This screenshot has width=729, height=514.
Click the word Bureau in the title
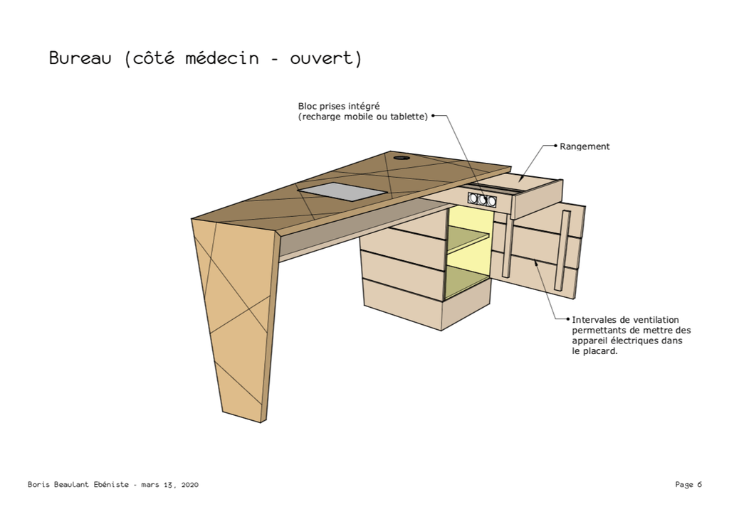click(x=80, y=58)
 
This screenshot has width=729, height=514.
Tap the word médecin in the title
click(x=222, y=58)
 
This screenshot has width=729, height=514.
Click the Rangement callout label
click(x=584, y=146)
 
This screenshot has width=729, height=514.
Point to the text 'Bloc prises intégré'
click(x=339, y=107)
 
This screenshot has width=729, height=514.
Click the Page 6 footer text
click(x=688, y=485)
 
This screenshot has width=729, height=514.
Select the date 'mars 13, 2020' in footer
click(x=169, y=485)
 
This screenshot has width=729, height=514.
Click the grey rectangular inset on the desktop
click(x=342, y=191)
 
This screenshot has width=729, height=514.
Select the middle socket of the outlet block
click(x=483, y=200)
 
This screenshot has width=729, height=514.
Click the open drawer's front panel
click(x=537, y=199)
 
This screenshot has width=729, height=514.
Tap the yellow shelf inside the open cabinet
click(x=467, y=243)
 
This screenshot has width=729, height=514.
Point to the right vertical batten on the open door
click(x=562, y=251)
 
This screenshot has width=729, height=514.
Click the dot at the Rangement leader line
click(x=555, y=146)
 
